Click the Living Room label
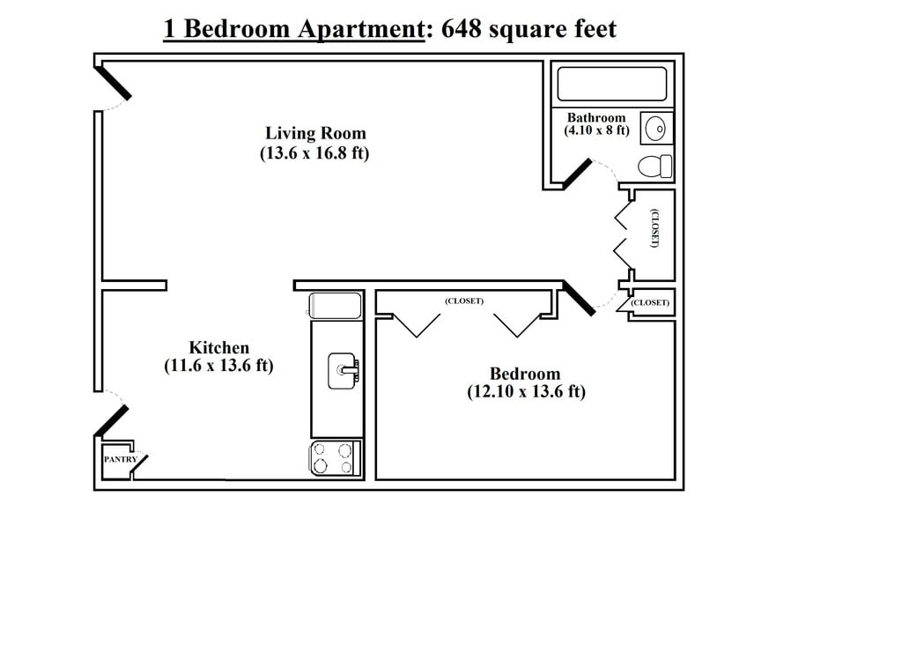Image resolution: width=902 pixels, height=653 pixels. click(315, 133)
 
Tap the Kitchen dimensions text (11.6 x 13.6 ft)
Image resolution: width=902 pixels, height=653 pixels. click(218, 366)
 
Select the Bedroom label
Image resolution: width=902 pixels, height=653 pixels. click(525, 374)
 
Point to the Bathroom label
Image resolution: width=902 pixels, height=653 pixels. click(596, 117)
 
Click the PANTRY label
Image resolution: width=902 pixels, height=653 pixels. click(120, 459)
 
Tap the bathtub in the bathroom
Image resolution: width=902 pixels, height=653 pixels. click(612, 84)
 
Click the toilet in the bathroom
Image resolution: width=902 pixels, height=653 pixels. click(655, 167)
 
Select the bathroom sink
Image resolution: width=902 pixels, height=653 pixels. click(656, 128)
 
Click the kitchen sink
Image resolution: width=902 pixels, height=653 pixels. click(344, 370)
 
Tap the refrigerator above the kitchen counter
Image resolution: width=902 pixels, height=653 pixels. click(336, 306)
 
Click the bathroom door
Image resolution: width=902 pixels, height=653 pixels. click(577, 174)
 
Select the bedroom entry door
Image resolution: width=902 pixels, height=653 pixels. click(579, 298)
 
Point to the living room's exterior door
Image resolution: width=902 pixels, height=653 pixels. click(113, 84)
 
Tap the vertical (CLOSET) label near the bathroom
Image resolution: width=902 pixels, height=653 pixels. click(654, 228)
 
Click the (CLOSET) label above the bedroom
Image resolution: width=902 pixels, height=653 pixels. click(464, 301)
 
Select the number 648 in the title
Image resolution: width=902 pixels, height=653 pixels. click(461, 29)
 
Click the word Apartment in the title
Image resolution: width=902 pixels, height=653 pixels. click(360, 29)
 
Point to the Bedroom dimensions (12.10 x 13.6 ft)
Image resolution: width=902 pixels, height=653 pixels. click(527, 392)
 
